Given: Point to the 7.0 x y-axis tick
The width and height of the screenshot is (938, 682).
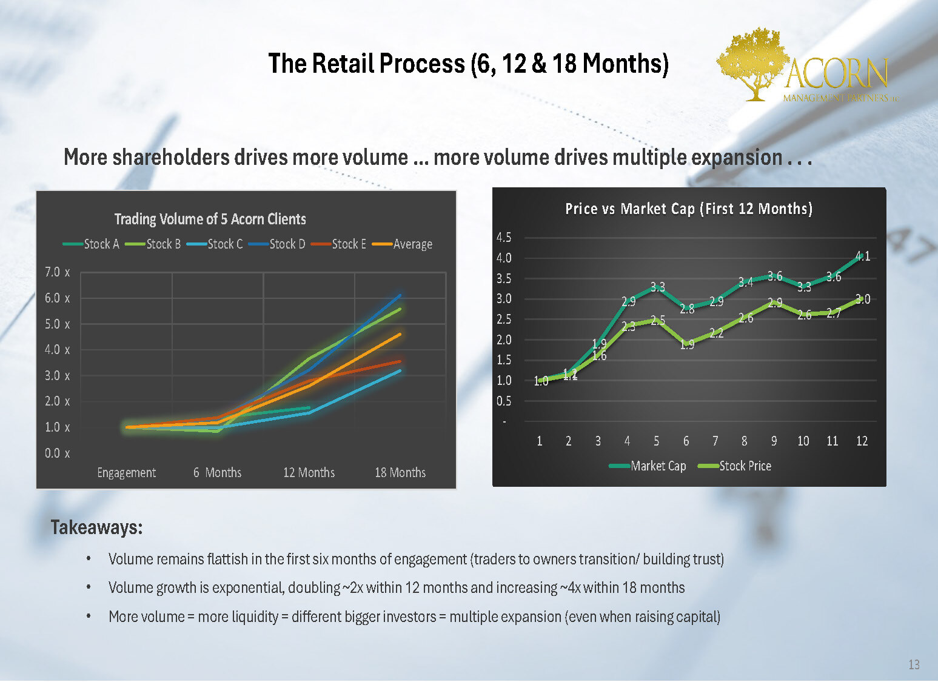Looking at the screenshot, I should pos(57,272).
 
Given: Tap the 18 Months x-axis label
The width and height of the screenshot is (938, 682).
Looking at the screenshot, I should pos(400,472).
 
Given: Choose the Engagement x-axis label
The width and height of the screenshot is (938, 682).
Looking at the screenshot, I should pos(126,472).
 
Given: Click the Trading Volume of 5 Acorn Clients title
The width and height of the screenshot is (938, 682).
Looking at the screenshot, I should pos(210,219).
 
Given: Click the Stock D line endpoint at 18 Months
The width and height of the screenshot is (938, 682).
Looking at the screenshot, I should pos(400,295).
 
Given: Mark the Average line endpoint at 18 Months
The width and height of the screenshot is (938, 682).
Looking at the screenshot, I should pos(400,334).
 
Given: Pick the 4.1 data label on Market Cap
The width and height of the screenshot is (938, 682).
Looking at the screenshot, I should pos(863,256).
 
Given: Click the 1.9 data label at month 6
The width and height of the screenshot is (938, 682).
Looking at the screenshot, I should pos(687,345).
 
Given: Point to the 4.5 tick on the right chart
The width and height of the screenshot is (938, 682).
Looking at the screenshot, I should pos(504,237).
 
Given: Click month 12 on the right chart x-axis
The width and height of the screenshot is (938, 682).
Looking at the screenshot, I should pos(862,441).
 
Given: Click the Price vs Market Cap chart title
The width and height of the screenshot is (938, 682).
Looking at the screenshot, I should pos(689,209).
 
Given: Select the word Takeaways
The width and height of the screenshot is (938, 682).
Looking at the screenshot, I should pos(96,527).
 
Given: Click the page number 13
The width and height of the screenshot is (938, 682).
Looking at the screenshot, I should pos(914,664).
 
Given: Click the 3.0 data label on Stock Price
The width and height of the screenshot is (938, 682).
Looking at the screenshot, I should pos(863,299).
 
